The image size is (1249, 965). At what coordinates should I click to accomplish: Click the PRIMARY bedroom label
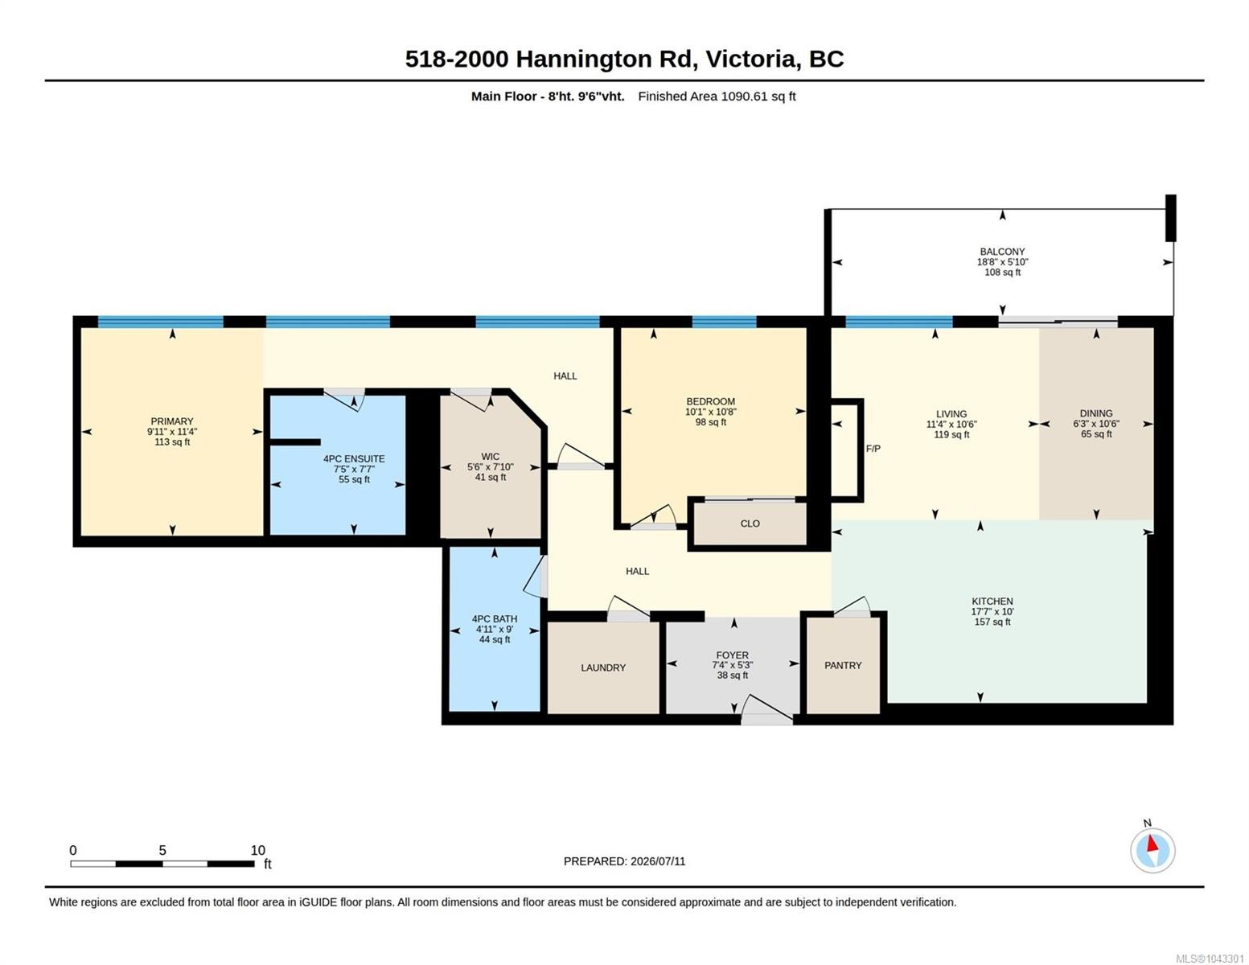pos(172,421)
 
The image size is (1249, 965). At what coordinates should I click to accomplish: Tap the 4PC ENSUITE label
pos(354,458)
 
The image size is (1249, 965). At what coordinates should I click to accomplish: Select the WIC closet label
pos(491,456)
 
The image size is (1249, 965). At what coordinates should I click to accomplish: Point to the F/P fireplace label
pos(873,448)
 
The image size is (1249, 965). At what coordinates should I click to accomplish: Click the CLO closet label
pos(750,524)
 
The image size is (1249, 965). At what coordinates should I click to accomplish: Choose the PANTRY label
pos(843,665)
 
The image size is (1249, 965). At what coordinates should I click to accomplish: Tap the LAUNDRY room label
pos(603,667)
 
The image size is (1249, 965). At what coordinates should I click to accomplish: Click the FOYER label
pos(733,655)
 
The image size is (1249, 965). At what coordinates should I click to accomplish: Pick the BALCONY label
pos(1002,251)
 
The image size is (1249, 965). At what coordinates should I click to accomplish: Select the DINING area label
pos(1096,413)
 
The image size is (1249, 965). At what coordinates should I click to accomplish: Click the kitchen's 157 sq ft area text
pos(992,622)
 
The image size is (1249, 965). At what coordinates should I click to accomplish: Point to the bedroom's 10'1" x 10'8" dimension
pos(711,412)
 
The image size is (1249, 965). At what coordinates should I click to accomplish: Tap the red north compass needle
pos(1152,844)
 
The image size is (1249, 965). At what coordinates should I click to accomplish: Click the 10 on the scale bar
pos(258,850)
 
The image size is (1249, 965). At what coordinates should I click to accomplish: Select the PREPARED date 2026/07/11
pos(658,861)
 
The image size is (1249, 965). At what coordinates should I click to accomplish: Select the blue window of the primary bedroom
pos(160,322)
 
